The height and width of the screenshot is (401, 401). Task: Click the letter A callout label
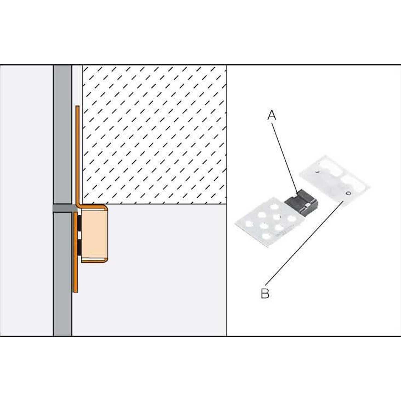click(x=272, y=115)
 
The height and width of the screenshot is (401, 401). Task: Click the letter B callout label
click(x=265, y=294)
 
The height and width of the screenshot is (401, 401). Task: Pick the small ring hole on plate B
click(x=348, y=193)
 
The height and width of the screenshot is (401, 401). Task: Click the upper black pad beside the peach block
click(x=80, y=223)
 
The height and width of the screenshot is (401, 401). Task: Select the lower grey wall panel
click(x=63, y=274)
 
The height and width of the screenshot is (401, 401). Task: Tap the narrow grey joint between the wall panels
click(x=63, y=209)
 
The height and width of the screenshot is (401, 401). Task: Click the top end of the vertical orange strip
click(x=78, y=106)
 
